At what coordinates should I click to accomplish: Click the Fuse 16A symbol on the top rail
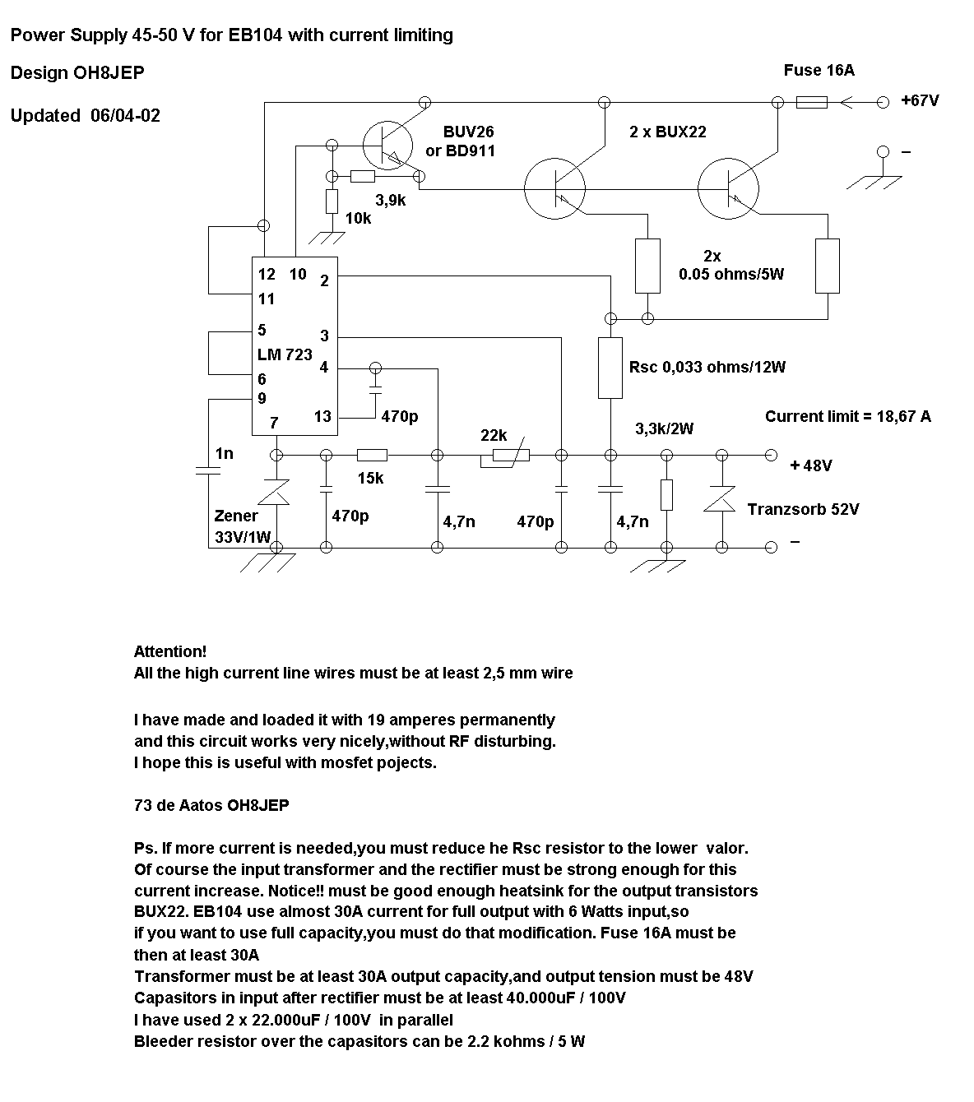click(811, 102)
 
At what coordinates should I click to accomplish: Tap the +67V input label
click(920, 100)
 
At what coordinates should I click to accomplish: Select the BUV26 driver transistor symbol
click(387, 146)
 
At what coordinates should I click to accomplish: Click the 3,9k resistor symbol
click(363, 176)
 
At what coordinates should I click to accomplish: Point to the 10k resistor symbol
click(332, 201)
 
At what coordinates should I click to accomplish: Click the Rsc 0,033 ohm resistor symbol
click(610, 368)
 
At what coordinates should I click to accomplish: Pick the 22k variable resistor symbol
click(505, 454)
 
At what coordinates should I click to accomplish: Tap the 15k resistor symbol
click(372, 455)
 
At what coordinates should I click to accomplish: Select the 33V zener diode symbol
click(276, 493)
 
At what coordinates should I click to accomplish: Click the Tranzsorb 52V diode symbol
click(721, 499)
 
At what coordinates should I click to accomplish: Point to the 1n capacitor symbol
click(208, 470)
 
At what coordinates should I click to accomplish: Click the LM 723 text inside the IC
click(285, 354)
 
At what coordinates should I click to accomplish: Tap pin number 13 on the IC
click(322, 417)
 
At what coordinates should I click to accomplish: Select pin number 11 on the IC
click(266, 299)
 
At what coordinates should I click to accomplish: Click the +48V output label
click(811, 465)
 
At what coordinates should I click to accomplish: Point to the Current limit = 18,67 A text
click(848, 417)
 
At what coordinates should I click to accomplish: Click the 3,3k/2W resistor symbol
click(666, 495)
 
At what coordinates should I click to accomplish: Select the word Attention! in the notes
click(170, 651)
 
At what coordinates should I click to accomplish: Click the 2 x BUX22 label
click(668, 132)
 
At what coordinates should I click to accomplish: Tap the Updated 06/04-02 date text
click(86, 116)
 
